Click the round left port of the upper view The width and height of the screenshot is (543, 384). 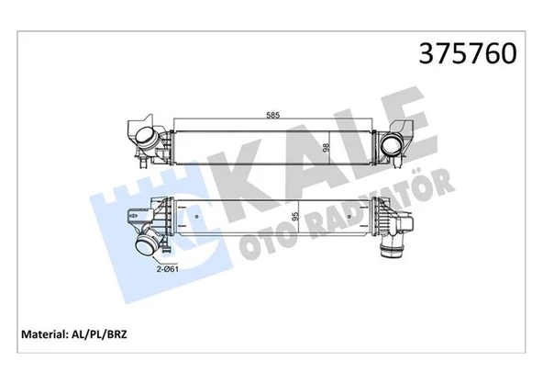tap(146, 141)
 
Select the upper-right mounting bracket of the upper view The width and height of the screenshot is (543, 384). tap(404, 123)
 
